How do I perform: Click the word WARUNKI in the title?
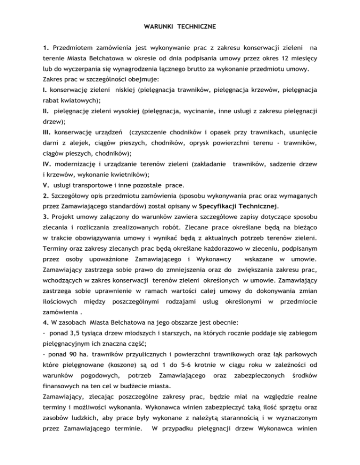(158, 27)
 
